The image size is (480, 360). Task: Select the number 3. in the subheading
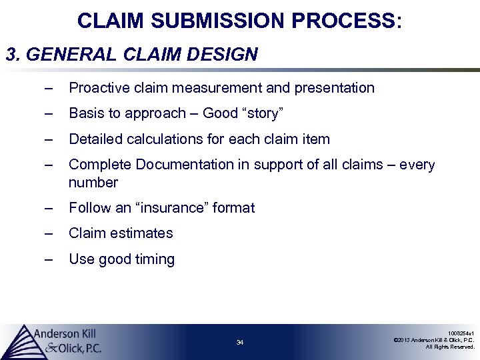click(13, 54)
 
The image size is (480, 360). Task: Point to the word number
click(93, 183)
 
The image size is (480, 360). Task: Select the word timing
click(154, 259)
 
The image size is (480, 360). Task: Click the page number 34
click(240, 343)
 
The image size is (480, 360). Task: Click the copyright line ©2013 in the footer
click(434, 339)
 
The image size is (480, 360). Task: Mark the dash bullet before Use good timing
click(47, 259)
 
